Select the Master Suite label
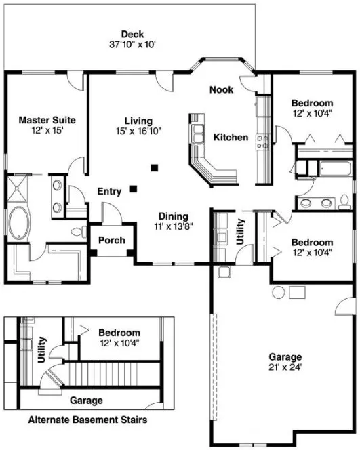pos(47,120)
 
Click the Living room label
pos(138,121)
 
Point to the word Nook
pos(221,89)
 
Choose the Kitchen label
pos(231,138)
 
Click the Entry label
pos(109,191)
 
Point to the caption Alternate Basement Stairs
pos(87,420)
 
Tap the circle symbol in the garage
pos(277,293)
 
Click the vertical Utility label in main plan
pos(241,230)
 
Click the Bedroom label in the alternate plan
pos(119,333)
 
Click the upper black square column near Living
pos(155,166)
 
